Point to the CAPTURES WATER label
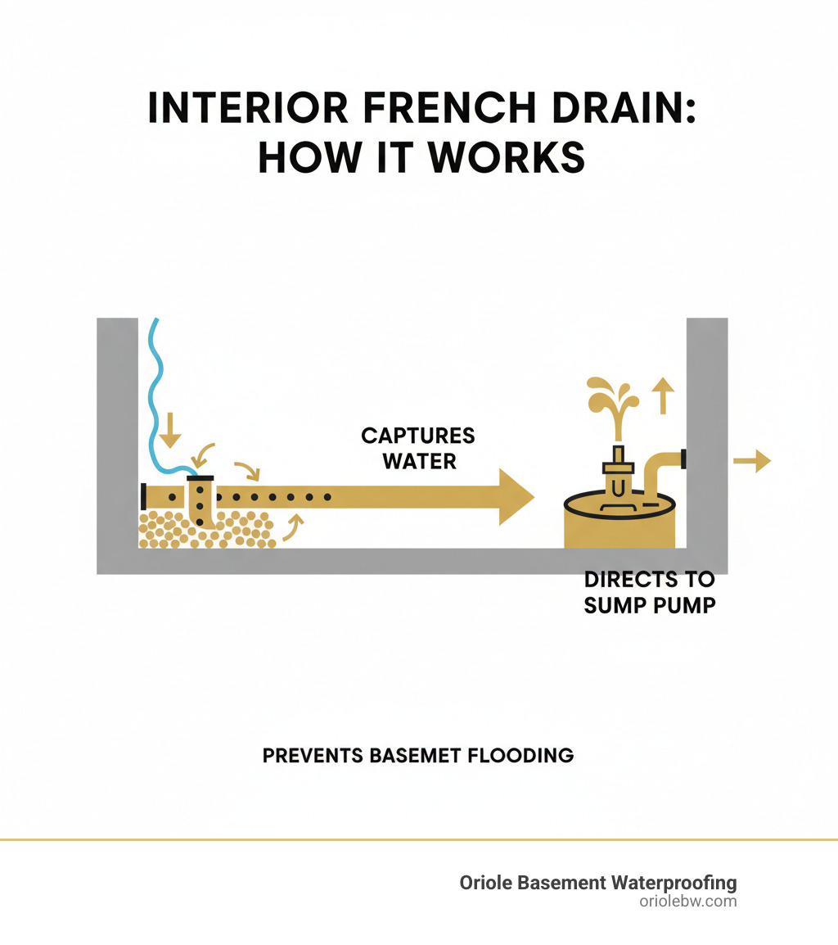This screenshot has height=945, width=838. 418,447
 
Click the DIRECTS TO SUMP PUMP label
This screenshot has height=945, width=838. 649,593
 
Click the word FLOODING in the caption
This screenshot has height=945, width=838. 521,755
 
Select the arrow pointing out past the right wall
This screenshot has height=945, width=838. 751,462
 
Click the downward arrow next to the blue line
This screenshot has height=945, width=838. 169,430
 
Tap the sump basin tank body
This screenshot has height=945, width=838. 619,532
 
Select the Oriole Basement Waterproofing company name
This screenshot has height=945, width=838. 597,883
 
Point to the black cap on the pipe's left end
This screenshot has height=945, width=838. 143,496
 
